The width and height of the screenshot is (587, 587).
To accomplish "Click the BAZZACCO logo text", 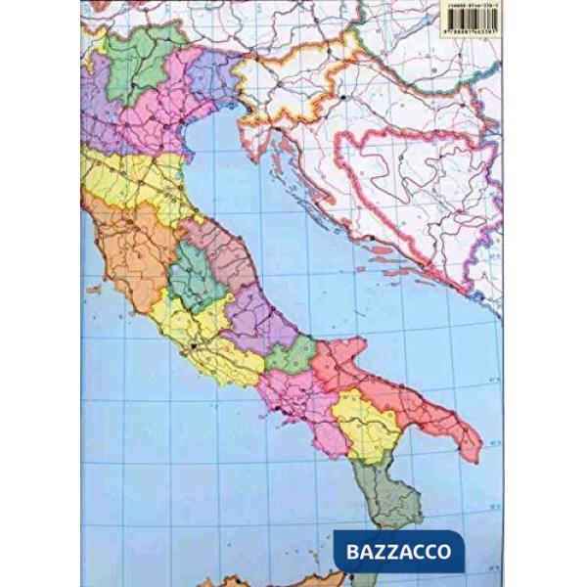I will tap(402, 552).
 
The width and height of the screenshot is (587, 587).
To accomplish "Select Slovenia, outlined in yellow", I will tap(293, 78).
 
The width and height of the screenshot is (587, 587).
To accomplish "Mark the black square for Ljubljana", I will tap(347, 98).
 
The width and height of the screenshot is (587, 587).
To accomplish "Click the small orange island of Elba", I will tap(95, 290).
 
